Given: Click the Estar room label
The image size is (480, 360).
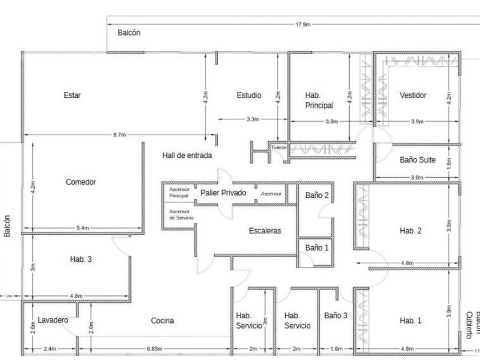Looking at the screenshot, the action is click(x=72, y=95).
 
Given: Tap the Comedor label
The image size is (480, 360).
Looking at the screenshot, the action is click(x=81, y=182).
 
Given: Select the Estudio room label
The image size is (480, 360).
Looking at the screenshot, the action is click(x=249, y=95).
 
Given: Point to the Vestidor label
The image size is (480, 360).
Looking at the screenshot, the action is click(x=413, y=95).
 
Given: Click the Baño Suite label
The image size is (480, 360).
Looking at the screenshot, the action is click(x=418, y=160).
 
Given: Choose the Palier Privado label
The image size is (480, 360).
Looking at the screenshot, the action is click(x=223, y=193).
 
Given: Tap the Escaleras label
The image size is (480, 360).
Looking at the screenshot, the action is click(x=265, y=231).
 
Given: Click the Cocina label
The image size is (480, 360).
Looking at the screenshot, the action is click(x=162, y=321).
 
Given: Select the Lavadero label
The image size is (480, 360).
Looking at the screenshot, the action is click(x=53, y=320).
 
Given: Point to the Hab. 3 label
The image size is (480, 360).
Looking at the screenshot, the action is click(x=81, y=259).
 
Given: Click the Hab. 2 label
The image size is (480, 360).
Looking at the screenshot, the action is click(x=410, y=231).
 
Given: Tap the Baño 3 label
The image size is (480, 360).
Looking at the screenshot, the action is click(x=335, y=315).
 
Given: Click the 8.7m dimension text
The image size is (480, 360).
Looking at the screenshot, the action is click(x=119, y=135).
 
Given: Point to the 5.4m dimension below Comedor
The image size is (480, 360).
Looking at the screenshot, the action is click(x=82, y=228).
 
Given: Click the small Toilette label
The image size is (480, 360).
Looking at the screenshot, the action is click(x=279, y=147).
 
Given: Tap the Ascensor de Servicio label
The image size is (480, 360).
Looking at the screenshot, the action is click(x=181, y=215).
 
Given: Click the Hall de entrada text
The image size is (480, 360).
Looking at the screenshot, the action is click(x=187, y=155).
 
